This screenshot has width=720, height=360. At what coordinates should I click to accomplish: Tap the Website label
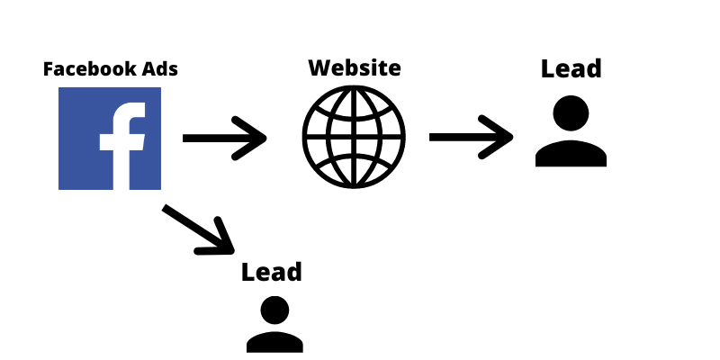(x=354, y=67)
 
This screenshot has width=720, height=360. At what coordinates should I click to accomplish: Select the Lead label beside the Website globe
(x=571, y=68)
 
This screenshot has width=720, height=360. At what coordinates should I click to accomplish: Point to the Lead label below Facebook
(x=271, y=272)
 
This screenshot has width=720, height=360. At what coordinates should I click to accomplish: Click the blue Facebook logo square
(x=110, y=139)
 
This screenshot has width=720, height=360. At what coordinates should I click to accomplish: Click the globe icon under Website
(x=354, y=138)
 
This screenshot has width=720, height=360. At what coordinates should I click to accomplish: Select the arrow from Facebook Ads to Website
(x=225, y=139)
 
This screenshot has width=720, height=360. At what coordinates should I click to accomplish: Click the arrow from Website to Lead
(x=471, y=138)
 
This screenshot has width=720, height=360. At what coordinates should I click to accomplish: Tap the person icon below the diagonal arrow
(x=274, y=324)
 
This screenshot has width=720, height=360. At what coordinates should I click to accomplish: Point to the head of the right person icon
(x=571, y=114)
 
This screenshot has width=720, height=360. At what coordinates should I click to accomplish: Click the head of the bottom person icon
(x=274, y=310)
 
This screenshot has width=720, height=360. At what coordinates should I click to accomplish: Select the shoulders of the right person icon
(x=571, y=154)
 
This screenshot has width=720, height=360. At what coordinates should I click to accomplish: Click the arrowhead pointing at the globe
(x=256, y=139)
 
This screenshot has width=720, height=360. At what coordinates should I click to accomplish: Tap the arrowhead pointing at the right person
(x=501, y=138)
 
